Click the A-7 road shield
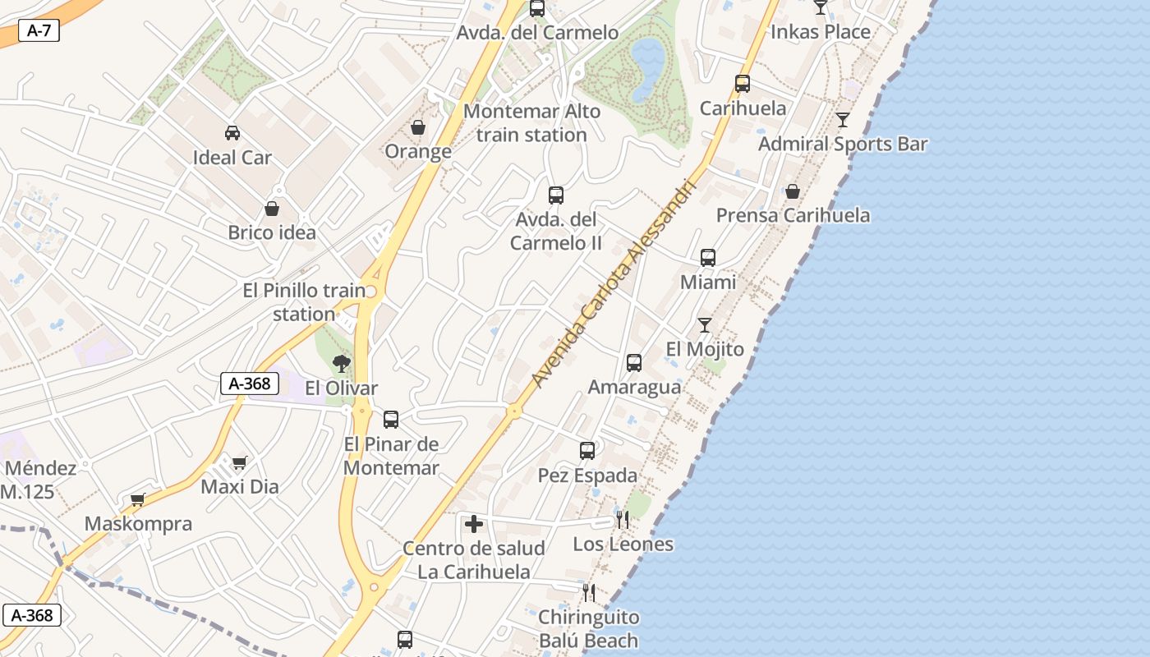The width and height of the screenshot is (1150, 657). point(39,31)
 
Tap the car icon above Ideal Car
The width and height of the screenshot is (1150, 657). point(232,133)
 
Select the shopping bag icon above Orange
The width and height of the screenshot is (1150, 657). point(418,128)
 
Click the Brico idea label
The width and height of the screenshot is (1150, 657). point(272,232)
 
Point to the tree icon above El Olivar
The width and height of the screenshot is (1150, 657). point(341,363)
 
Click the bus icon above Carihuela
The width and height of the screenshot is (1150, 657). point(743,84)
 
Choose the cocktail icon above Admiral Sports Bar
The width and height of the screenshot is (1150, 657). point(843,120)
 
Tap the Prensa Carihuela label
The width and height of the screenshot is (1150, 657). point(793,215)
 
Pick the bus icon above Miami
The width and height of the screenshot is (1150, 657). point(708,258)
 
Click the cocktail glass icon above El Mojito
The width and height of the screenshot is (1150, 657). point(705,325)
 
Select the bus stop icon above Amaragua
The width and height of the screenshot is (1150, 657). point(634,363)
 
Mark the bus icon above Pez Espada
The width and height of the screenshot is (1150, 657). point(587,451)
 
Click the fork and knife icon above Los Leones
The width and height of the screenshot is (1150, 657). point(623,520)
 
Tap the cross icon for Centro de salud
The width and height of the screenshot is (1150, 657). point(474,524)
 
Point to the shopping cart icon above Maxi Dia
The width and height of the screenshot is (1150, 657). point(240,463)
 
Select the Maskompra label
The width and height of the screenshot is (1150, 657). point(138,524)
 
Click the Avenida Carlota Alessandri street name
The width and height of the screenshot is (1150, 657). point(614,283)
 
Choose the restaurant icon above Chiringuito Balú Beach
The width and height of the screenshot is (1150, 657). point(588,592)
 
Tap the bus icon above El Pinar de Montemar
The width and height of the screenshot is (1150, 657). point(391,420)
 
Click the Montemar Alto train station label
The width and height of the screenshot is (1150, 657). point(532,123)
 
